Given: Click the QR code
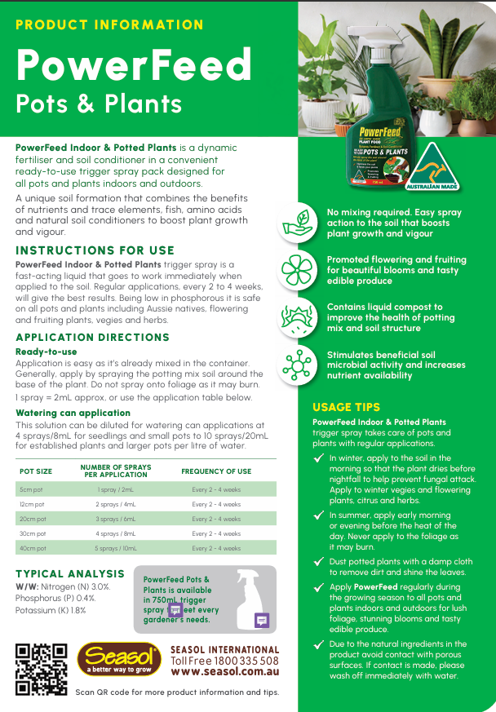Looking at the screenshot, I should [41, 668].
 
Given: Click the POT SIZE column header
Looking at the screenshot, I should [36, 471].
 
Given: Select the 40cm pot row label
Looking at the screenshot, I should [33, 548].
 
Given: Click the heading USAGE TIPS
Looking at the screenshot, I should [346, 407].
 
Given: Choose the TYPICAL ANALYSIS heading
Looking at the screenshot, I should [70, 574].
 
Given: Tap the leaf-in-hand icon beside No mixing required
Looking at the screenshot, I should [298, 222].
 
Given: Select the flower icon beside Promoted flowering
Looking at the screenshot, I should [298, 270].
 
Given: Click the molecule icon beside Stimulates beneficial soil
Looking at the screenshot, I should [298, 365].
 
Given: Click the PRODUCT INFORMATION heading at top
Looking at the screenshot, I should [109, 24].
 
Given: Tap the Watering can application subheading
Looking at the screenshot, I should [73, 413].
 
